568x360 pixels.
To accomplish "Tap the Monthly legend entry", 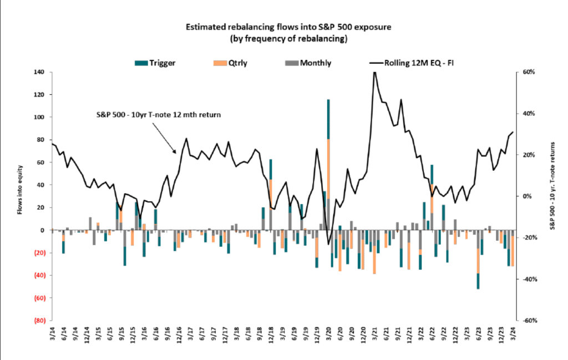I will pyautogui.click(x=315, y=63).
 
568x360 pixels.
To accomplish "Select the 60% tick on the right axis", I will pyautogui.click(x=527, y=72).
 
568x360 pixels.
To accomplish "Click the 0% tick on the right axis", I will pyautogui.click(x=527, y=196).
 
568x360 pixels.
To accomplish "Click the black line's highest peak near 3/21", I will pyautogui.click(x=374, y=73).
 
